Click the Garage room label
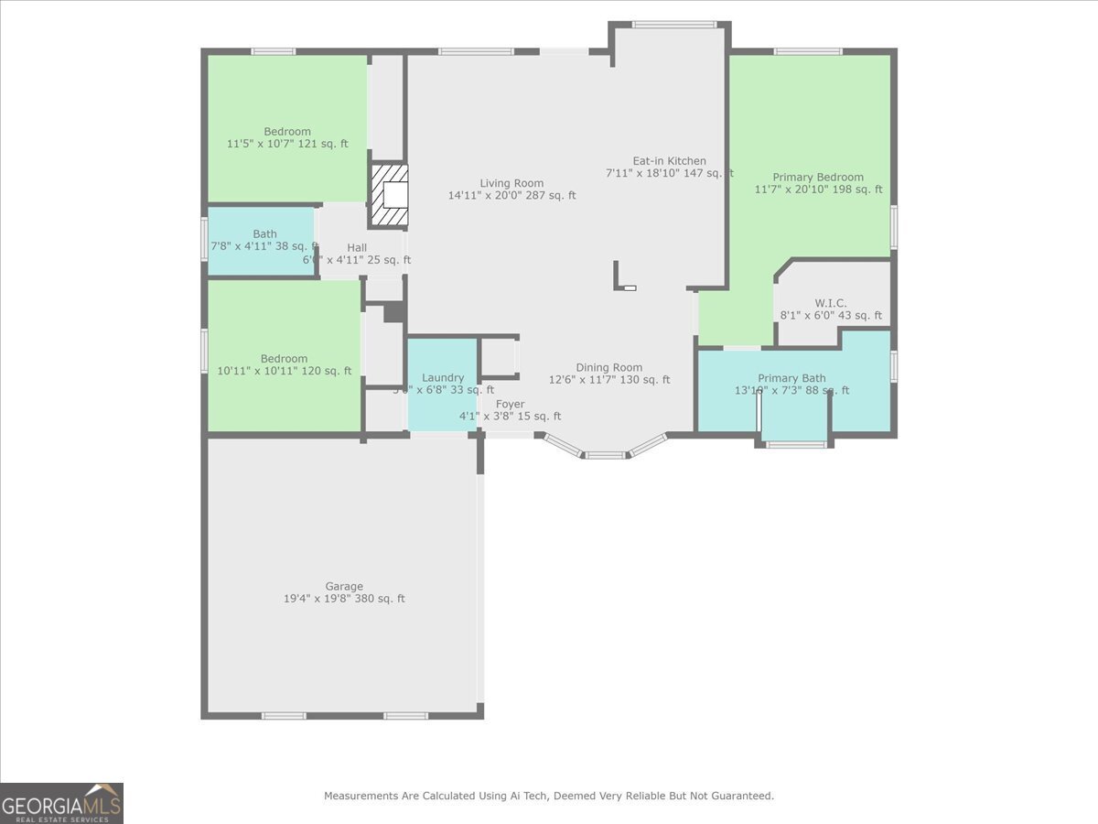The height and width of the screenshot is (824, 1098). [344, 586]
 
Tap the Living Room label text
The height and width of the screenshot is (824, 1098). [511, 183]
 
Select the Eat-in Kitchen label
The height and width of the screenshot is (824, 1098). [669, 161]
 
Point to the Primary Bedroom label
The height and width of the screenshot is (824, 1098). [817, 178]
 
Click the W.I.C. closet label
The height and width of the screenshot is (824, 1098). [830, 303]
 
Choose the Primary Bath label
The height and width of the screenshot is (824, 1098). [791, 378]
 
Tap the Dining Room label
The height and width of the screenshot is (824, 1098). [608, 368]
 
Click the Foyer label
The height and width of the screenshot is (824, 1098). [510, 404]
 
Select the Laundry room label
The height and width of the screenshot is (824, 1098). [442, 377]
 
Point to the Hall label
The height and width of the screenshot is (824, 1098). [357, 247]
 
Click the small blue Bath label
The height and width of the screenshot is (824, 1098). [264, 233]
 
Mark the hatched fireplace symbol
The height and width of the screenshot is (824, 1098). [389, 194]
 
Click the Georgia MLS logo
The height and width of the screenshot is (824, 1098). [61, 803]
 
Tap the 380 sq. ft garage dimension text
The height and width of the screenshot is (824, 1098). [344, 599]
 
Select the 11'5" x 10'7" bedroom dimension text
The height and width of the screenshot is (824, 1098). [287, 144]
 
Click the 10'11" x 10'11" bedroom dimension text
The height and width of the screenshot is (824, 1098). [284, 371]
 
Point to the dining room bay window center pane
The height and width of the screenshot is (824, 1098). [605, 454]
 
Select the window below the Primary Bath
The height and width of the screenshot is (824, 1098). [795, 445]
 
